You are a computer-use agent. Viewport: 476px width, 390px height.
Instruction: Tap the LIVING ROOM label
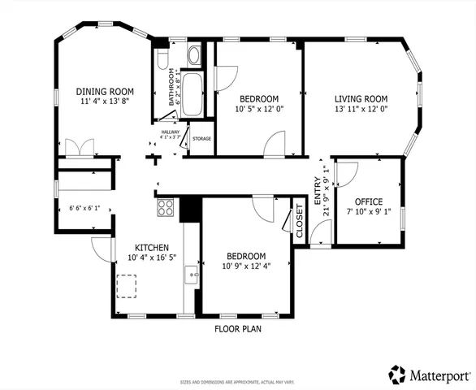click(x=361, y=98)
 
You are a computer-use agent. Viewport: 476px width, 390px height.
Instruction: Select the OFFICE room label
click(x=368, y=201)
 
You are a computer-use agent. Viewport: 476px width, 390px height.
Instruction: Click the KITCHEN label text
click(x=152, y=247)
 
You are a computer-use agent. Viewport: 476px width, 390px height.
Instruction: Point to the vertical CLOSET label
click(x=299, y=222)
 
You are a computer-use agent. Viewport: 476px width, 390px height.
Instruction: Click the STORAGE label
click(x=201, y=139)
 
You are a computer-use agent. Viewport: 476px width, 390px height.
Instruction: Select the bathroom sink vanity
click(x=196, y=56)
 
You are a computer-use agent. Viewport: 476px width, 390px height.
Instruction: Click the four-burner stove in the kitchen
click(x=166, y=207)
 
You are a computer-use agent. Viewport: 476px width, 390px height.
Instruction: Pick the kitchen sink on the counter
click(x=193, y=275)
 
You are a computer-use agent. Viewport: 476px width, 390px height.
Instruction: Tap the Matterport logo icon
click(x=397, y=374)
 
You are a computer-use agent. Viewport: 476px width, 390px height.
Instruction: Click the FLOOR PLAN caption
click(x=237, y=329)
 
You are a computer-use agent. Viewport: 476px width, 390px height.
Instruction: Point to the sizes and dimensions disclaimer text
click(x=237, y=381)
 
